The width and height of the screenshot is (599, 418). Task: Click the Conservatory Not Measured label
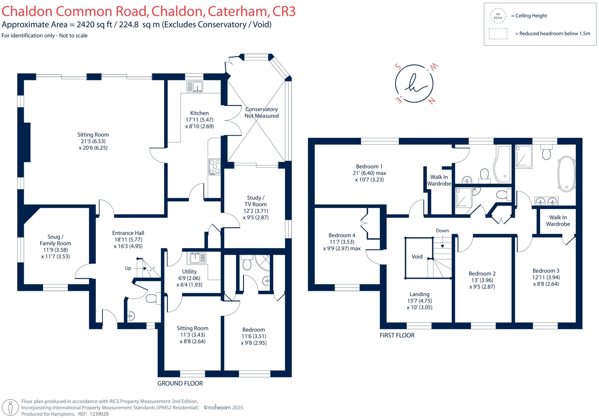pyautogui.click(x=261, y=113)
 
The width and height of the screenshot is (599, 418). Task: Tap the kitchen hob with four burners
pyautogui.click(x=215, y=167)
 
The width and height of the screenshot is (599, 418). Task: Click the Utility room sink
pyautogui.click(x=198, y=258)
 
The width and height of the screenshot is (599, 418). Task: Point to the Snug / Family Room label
pyautogui.click(x=55, y=240)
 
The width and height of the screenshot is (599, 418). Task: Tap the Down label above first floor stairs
pyautogui.click(x=442, y=231)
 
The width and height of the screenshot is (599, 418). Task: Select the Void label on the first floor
pyautogui.click(x=417, y=257)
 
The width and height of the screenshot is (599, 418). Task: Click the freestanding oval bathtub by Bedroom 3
pyautogui.click(x=566, y=174)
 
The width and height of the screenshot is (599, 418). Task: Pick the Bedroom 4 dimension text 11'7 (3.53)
pyautogui.click(x=342, y=242)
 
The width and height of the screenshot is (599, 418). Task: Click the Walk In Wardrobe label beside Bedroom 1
pyautogui.click(x=439, y=180)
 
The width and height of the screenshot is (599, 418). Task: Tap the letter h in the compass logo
pyautogui.click(x=414, y=83)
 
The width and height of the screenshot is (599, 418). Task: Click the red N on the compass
pyautogui.click(x=431, y=101)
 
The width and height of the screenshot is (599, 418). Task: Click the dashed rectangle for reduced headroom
pyautogui.click(x=498, y=34)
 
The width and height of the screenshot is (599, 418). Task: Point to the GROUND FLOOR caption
pyautogui.click(x=180, y=384)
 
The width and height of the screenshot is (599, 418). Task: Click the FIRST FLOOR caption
pyautogui.click(x=397, y=335)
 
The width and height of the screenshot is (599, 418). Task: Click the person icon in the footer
pyautogui.click(x=11, y=407)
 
